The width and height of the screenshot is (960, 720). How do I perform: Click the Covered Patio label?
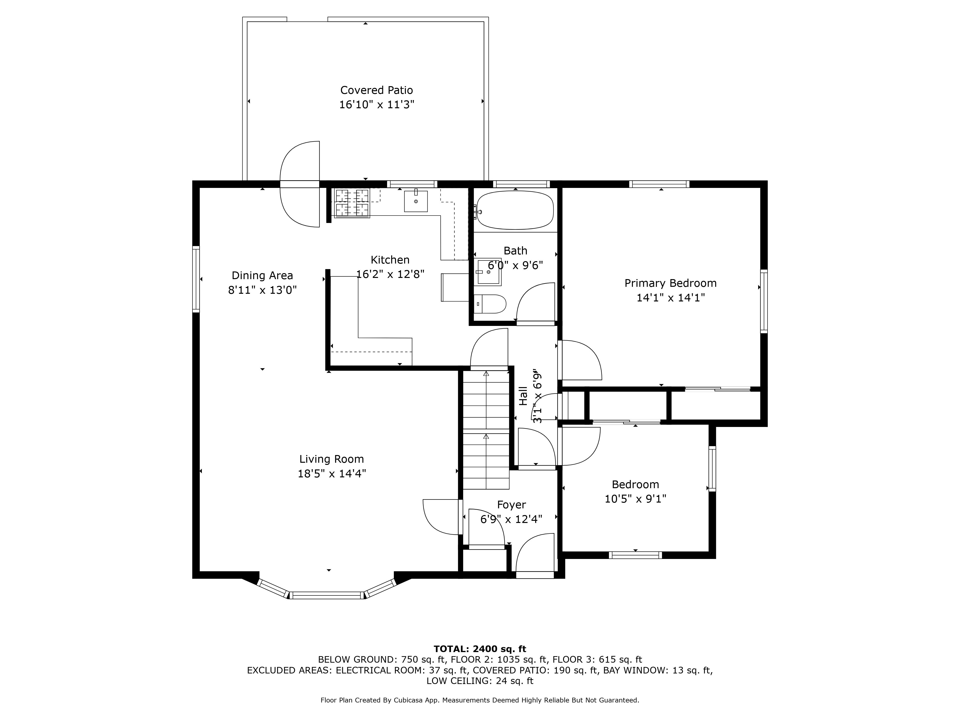point(376,90)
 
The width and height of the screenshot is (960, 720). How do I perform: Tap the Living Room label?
point(332,459)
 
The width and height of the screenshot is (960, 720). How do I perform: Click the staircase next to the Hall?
point(486,430)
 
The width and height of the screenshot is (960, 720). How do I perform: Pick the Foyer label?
point(511,505)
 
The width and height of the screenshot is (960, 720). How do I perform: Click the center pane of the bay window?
point(327,595)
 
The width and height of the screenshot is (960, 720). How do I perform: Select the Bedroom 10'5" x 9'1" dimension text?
point(635,499)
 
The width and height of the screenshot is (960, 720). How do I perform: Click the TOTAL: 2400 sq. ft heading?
point(480,649)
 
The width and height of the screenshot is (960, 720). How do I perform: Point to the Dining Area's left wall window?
point(196,279)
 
